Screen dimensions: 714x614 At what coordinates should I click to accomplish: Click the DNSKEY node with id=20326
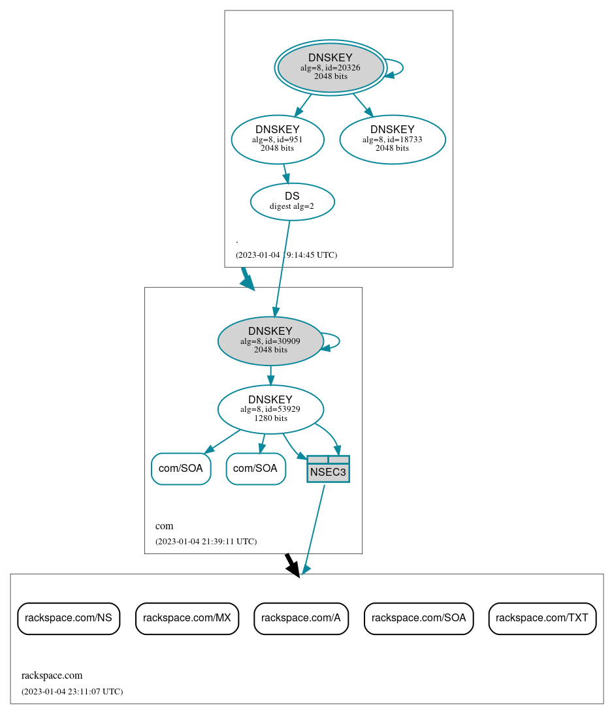coord(331,67)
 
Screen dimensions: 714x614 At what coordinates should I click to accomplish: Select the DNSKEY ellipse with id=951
coord(278,139)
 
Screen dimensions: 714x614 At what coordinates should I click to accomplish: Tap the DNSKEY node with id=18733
coord(392,139)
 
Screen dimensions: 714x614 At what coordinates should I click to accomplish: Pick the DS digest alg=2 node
coord(292,202)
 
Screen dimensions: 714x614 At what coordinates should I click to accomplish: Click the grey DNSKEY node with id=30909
coord(270,341)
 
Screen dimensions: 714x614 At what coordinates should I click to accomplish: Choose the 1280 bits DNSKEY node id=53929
coord(270,409)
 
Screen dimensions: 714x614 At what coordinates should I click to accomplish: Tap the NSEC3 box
coord(328,469)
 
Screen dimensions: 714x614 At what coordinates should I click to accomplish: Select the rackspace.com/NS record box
coord(69,618)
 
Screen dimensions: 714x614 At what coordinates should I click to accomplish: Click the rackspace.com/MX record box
coord(187,618)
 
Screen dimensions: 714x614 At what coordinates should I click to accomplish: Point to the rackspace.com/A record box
coord(301,618)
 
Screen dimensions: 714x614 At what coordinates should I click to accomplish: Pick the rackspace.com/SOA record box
coord(419,618)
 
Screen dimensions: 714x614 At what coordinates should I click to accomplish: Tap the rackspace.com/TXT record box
coord(542,618)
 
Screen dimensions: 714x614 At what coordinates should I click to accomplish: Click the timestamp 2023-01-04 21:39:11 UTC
coord(206,542)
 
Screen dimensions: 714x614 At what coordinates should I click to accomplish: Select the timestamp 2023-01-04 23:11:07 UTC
coord(72,692)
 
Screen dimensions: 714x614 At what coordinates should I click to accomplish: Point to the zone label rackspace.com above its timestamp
coord(52,675)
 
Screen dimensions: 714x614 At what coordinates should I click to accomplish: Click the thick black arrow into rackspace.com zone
coord(293,565)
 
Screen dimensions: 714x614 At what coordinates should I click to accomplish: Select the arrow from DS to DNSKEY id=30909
coord(282,268)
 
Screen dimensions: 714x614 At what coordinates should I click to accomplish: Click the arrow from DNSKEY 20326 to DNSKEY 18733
coord(363,105)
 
